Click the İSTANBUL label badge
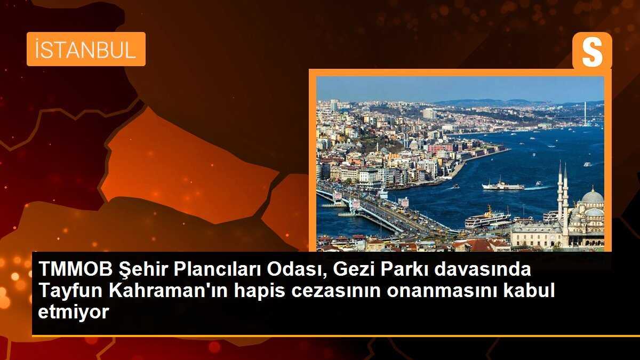pyautogui.click(x=86, y=49)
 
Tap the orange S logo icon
pyautogui.click(x=592, y=51)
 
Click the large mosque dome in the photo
pyautogui.click(x=592, y=196)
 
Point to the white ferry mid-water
pyautogui.click(x=502, y=186)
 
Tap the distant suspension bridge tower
pyautogui.click(x=585, y=113)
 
